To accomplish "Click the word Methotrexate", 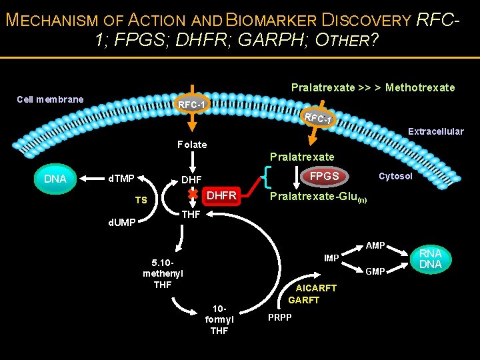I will point(420,87).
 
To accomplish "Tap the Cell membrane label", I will point(50,99).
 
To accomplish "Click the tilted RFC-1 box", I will point(317,118).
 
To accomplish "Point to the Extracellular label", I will point(435,131).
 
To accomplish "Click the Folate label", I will point(192,144).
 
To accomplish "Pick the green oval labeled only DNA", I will point(55,179).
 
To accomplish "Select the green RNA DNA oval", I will point(430,259).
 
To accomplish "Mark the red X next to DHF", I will point(192,193).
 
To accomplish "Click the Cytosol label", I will point(395,176).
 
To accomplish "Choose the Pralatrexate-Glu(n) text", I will point(317,198).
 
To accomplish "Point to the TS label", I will point(141,200).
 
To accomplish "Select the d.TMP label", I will point(122,178).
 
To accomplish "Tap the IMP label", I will point(331,257).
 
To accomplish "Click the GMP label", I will point(375,271).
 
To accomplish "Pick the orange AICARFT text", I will point(316,288).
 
